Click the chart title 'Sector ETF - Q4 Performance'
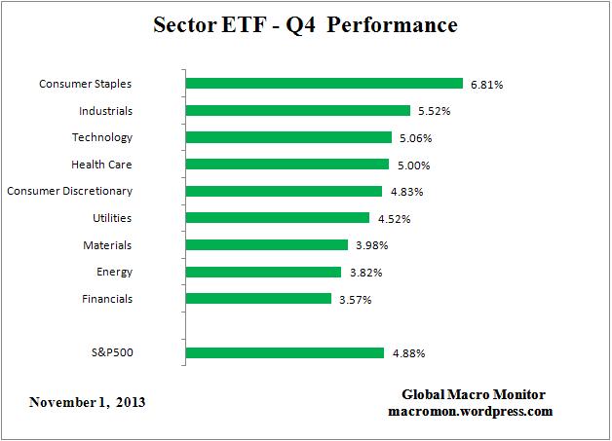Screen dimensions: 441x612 [305, 25]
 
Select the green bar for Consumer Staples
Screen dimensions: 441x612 [324, 84]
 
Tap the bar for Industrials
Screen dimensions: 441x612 [297, 111]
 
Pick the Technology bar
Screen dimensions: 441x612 [287, 137]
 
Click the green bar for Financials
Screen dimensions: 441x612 [257, 298]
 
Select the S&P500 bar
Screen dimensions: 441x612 [284, 352]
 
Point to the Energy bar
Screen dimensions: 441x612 [262, 272]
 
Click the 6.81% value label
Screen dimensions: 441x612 [486, 85]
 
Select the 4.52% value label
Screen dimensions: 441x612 [393, 219]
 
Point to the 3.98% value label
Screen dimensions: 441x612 [371, 245]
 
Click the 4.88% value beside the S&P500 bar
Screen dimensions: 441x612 [407, 353]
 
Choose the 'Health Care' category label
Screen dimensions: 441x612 [101, 165]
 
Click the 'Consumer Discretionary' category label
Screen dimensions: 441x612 [69, 191]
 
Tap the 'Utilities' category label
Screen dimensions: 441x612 [112, 218]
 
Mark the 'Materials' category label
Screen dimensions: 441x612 [107, 244]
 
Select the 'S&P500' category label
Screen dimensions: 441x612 [111, 352]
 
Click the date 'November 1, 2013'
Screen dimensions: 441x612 [87, 402]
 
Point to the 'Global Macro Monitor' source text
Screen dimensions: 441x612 [474, 394]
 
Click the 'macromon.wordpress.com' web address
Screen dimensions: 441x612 [471, 411]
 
